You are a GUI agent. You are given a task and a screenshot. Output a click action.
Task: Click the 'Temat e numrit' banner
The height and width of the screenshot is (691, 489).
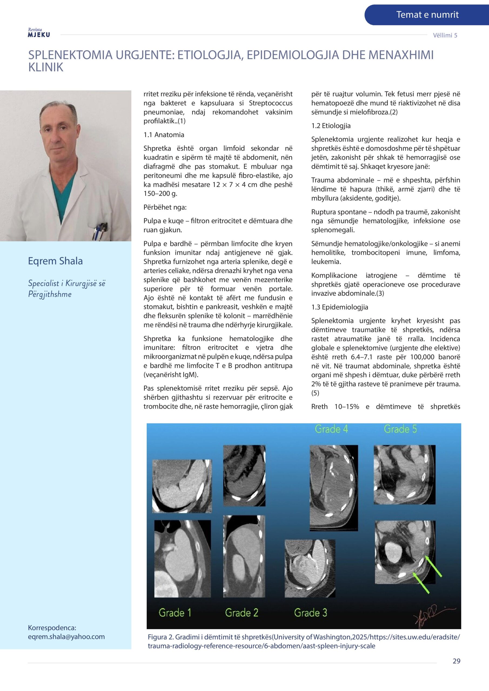tap(427, 15)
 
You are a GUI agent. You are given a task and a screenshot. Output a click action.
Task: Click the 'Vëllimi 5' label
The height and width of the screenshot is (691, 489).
tap(445, 35)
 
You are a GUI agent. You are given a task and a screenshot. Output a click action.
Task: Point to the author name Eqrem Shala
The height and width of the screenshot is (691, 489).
tap(55, 261)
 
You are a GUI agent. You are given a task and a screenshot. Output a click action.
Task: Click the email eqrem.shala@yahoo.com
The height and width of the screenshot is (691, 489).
tap(66, 636)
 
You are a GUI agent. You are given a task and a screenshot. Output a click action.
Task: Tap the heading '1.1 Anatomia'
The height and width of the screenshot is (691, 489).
tap(164, 135)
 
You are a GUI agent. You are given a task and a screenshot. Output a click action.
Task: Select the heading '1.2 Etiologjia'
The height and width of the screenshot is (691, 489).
tap(331, 126)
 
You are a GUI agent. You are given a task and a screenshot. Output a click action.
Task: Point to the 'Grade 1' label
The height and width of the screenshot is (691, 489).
tap(175, 612)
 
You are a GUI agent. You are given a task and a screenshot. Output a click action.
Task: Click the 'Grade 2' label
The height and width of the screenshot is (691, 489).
tap(242, 612)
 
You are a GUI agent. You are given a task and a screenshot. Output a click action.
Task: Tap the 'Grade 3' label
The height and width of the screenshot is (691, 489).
tap(310, 612)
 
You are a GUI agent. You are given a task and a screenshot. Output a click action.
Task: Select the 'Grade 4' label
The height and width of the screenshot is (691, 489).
tap(331, 429)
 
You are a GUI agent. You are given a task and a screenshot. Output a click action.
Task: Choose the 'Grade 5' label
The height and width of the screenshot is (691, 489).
tap(400, 429)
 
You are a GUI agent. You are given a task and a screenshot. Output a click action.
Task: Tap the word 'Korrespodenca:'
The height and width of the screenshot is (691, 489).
tap(52, 628)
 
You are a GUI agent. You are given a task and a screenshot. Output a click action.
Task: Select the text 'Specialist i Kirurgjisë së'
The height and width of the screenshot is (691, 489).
tap(66, 283)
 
